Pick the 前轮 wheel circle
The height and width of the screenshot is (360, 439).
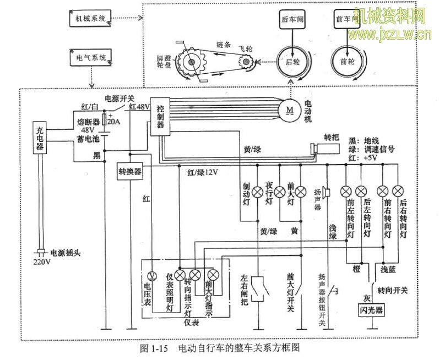[348, 62]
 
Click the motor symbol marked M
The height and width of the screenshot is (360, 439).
[290, 108]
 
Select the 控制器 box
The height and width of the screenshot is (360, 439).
[160, 116]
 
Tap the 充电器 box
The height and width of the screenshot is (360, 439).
[40, 138]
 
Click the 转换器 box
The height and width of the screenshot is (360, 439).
[130, 171]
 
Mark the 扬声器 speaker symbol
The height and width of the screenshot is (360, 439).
[325, 192]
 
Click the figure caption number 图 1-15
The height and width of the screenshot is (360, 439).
[153, 348]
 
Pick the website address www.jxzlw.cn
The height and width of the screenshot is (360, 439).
[391, 36]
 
